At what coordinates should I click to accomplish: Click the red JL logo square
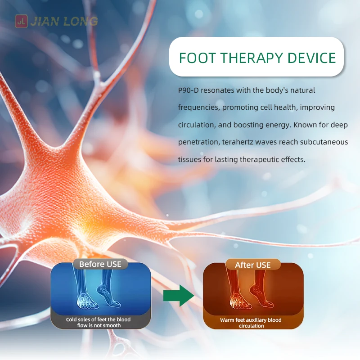21,21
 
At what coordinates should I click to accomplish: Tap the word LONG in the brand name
81,21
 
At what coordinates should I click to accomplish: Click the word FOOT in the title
198,58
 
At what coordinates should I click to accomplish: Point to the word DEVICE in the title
312,58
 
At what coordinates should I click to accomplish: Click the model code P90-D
188,90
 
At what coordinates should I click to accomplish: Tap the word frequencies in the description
199,108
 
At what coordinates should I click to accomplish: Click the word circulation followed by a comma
197,125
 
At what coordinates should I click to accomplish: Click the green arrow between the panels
179,296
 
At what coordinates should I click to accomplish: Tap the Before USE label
100,264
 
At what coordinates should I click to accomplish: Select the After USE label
253,265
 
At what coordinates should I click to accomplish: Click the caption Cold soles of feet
99,322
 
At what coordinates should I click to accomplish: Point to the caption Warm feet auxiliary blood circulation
251,323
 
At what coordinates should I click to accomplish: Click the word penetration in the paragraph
199,142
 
